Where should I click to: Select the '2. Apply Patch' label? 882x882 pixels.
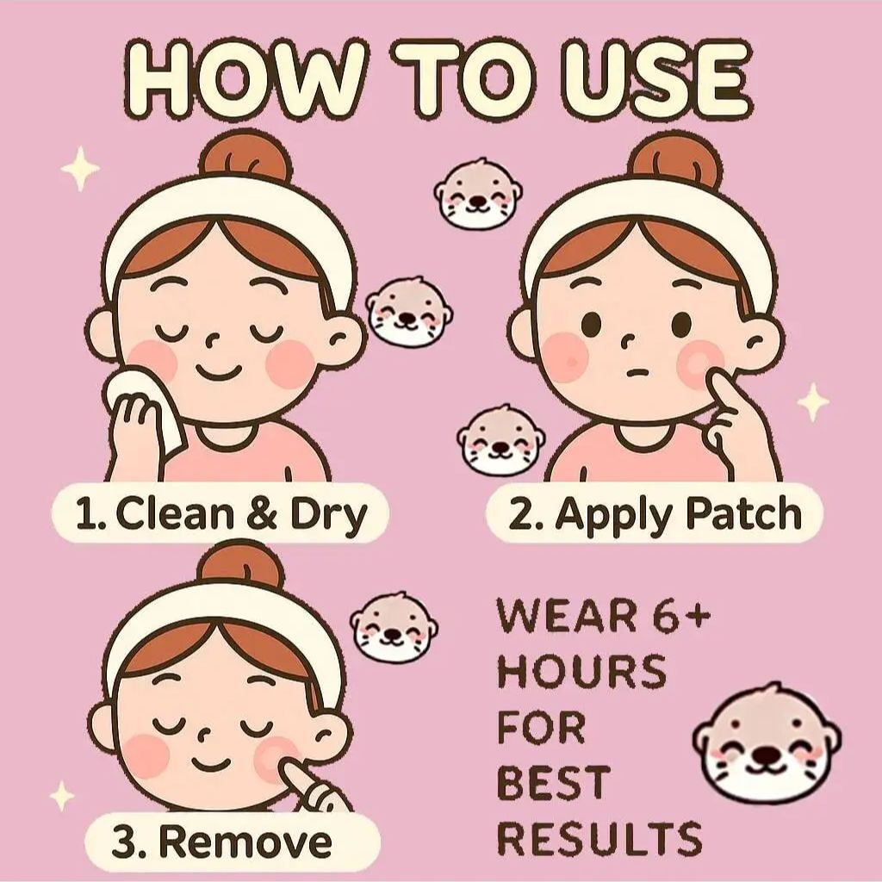pyautogui.click(x=655, y=513)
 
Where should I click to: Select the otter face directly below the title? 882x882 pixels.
pyautogui.click(x=477, y=194)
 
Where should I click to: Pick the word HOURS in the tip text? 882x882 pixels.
pyautogui.click(x=581, y=671)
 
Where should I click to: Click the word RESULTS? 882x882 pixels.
pyautogui.click(x=599, y=837)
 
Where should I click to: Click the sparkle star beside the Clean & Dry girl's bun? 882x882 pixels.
pyautogui.click(x=80, y=168)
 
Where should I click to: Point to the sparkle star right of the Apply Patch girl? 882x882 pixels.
pyautogui.click(x=813, y=401)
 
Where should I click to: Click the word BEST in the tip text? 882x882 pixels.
pyautogui.click(x=554, y=782)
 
